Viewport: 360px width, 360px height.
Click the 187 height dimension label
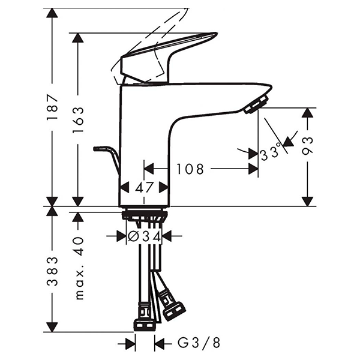[x=52, y=106]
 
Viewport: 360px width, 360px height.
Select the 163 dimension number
[x=78, y=119]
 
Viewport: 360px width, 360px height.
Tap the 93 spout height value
[x=308, y=146]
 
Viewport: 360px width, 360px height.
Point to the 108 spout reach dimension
[x=190, y=169]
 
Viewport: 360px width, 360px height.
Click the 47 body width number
[x=144, y=187]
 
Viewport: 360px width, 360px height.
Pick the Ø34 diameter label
[x=144, y=236]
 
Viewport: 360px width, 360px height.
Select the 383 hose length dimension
[x=52, y=271]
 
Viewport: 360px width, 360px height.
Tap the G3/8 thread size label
[x=199, y=343]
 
